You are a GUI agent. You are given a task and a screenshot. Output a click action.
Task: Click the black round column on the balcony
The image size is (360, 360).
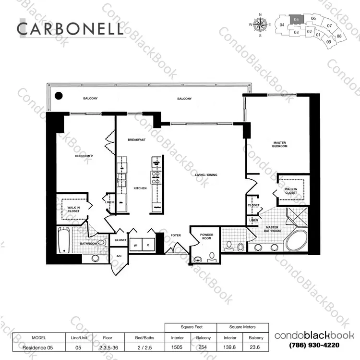pyautogui.click(x=59, y=96)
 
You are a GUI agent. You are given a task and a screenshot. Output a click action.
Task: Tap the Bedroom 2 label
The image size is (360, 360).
pyautogui.click(x=84, y=156)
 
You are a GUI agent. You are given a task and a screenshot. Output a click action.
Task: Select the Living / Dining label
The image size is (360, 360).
pyautogui.click(x=206, y=175)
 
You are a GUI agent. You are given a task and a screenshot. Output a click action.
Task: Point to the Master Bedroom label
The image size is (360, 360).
pyautogui.click(x=280, y=144)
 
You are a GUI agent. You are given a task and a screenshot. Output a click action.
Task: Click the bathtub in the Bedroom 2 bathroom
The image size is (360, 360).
pyautogui.click(x=64, y=240)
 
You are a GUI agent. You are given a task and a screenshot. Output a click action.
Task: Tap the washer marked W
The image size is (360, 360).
pyautogui.click(x=136, y=245)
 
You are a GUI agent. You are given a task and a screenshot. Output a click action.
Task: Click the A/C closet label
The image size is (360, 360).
pyautogui.click(x=119, y=256)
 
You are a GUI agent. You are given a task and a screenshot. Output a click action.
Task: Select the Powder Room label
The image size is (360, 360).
pyautogui.click(x=206, y=236)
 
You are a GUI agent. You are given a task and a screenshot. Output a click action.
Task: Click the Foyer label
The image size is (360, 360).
pyautogui.click(x=176, y=236)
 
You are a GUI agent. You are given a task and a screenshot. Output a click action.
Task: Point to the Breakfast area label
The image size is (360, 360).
pyautogui.click(x=137, y=140)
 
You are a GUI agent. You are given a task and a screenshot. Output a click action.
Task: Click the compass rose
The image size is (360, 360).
pyautogui.click(x=260, y=25)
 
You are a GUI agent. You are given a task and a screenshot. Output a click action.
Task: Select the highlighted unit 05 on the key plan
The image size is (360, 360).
pyautogui.click(x=296, y=19)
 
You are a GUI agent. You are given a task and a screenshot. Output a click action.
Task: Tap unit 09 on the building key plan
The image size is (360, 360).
pyautogui.click(x=329, y=42)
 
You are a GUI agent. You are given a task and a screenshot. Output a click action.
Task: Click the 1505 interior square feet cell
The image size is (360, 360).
pyautogui.click(x=177, y=347)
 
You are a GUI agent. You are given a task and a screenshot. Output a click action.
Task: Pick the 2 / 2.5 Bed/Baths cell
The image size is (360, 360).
pyautogui.click(x=144, y=348)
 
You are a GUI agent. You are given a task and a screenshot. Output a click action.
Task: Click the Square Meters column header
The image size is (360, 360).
pyautogui.click(x=242, y=327)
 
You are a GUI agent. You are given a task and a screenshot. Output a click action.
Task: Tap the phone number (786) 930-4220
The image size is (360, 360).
pyautogui.click(x=314, y=345)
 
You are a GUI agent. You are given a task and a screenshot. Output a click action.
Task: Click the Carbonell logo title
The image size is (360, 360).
pyautogui.click(x=70, y=29)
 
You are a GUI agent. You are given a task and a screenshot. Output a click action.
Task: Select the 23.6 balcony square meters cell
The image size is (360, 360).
pyautogui.click(x=254, y=347)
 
